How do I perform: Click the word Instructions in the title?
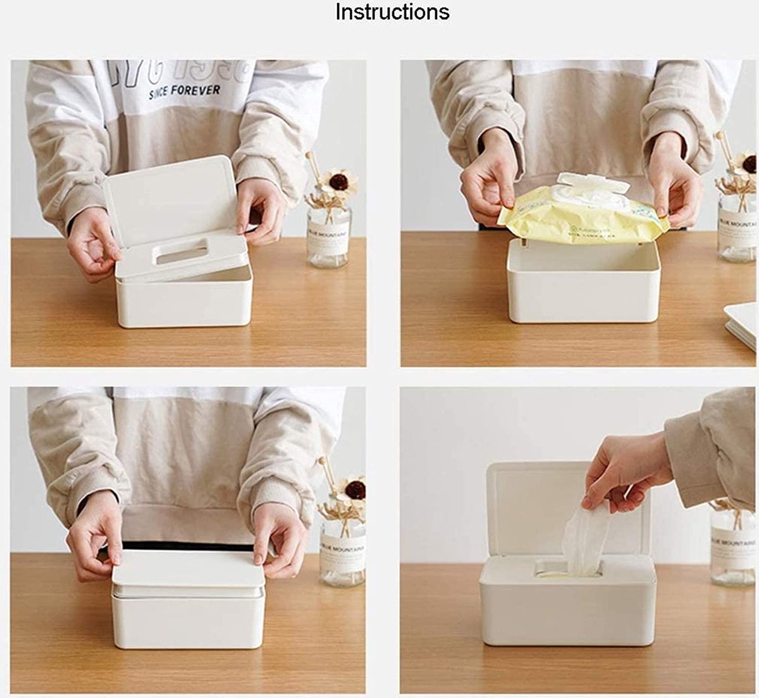tap(392, 11)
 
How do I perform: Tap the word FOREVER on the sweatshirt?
tap(196, 90)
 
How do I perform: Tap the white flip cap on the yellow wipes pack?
tap(592, 184)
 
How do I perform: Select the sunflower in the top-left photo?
tap(338, 183)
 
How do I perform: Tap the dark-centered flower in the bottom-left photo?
tap(354, 489)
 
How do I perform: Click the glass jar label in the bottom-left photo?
tap(342, 552)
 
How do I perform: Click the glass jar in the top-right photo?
tap(737, 228)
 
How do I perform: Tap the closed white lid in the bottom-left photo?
tap(188, 568)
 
